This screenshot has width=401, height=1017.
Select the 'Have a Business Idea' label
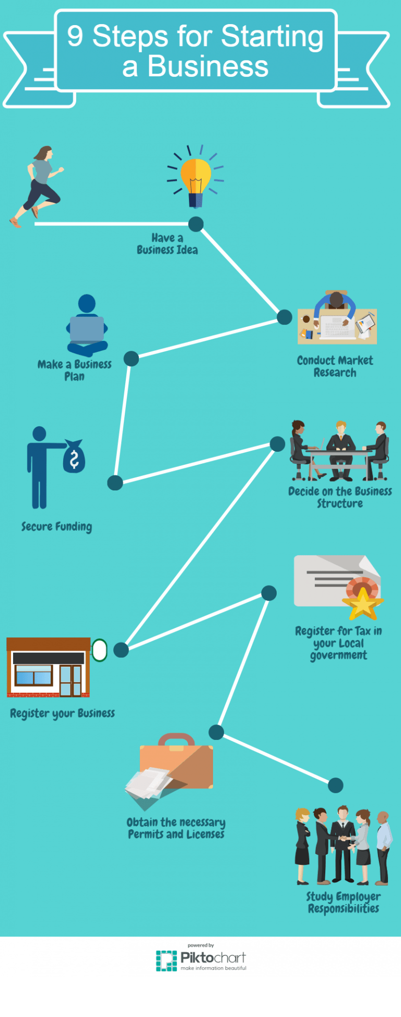click(x=167, y=244)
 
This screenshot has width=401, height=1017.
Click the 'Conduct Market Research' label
click(x=335, y=367)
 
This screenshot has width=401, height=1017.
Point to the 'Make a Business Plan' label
click(x=75, y=370)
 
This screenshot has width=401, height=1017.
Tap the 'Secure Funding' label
click(x=56, y=527)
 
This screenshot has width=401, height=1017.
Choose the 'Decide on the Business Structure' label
click(x=340, y=497)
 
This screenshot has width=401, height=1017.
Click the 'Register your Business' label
click(x=62, y=713)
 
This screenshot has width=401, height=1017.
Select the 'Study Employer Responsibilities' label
click(x=343, y=902)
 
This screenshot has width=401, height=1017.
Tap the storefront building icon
click(x=48, y=668)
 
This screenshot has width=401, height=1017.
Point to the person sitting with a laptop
click(x=87, y=325)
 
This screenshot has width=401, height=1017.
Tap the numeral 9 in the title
click(x=75, y=37)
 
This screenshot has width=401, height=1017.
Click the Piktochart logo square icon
click(x=167, y=961)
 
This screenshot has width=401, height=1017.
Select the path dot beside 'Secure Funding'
click(x=115, y=483)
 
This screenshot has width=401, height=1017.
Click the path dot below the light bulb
click(x=196, y=224)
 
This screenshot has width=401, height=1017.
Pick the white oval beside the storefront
click(x=99, y=650)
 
